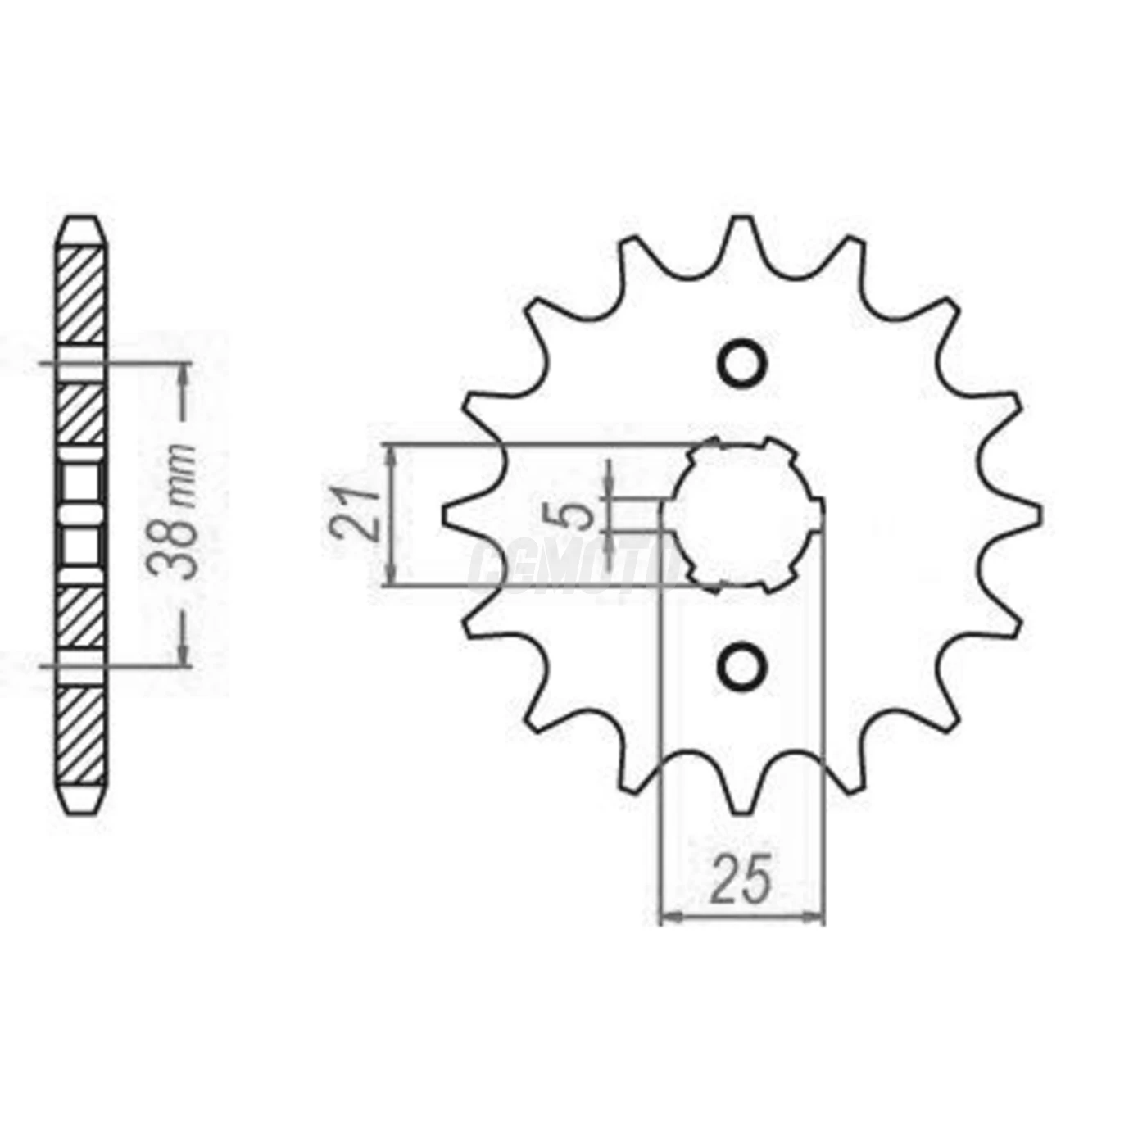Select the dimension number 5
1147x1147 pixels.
(x=581, y=515)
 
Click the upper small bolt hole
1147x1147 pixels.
(x=742, y=363)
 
